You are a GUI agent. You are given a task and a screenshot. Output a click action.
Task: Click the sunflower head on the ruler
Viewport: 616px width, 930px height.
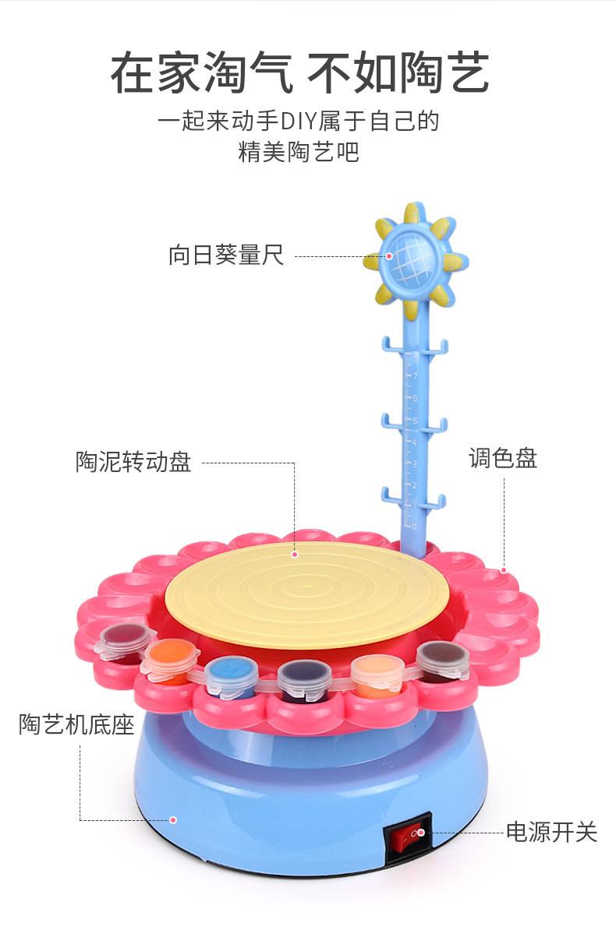[x=412, y=254]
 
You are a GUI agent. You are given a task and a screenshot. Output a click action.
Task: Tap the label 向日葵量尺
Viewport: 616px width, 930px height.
[x=226, y=255]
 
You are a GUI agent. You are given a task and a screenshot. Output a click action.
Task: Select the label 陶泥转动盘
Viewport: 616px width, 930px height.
[x=133, y=462]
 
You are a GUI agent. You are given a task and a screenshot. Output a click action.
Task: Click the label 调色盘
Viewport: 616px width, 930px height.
[x=503, y=457]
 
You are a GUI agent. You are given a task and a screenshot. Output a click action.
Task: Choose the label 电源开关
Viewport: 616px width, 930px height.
[x=551, y=832]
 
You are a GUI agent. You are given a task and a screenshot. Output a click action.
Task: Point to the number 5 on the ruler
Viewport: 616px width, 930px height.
[x=415, y=420]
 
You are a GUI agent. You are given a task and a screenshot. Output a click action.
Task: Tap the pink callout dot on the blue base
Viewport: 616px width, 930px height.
[x=173, y=819]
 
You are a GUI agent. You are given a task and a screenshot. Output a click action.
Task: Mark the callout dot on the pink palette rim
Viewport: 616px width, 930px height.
[x=504, y=570]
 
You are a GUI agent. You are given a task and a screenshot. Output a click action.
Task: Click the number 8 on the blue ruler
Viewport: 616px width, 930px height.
[x=416, y=354]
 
